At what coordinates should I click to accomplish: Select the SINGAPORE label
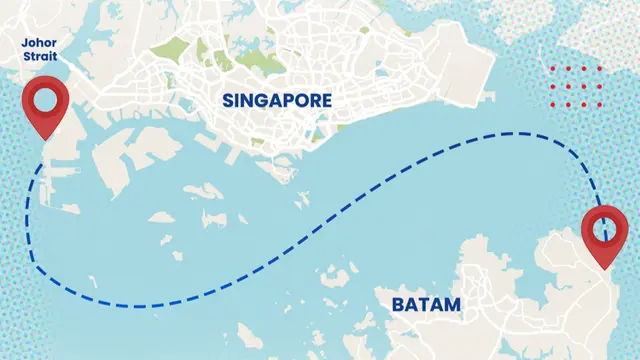tap(277, 100)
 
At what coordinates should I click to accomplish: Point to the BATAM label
tap(427, 304)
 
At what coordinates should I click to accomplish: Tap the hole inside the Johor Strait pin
tap(45, 99)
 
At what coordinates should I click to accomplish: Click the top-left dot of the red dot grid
tap(555, 70)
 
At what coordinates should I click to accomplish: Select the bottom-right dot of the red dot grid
tap(599, 103)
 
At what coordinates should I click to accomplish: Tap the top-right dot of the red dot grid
tap(599, 70)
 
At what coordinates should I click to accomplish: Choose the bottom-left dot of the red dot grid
tap(555, 103)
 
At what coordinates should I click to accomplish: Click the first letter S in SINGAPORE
tap(229, 100)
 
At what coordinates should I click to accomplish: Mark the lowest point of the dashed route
tap(140, 305)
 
